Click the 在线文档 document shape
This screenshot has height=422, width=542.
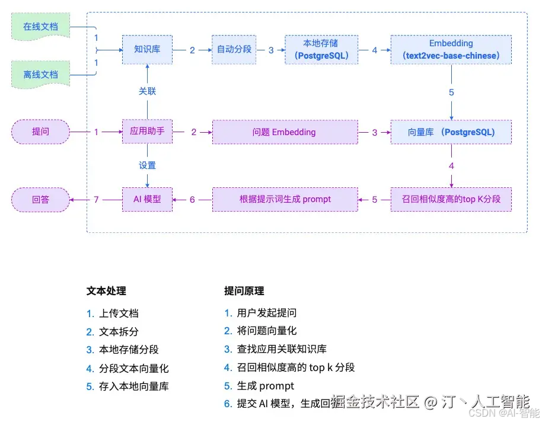point(40,27)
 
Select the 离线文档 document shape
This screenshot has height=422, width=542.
point(40,75)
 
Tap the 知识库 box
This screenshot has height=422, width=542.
point(147,50)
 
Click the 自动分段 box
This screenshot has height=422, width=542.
point(234,50)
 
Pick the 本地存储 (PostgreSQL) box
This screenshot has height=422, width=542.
point(321,50)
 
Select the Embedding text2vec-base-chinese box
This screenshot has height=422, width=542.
point(451,50)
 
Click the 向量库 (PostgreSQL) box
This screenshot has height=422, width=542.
point(451,132)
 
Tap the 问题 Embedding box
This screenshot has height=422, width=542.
point(285,132)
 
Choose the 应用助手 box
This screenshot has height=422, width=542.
point(147,132)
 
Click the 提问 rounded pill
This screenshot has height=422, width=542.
point(41,132)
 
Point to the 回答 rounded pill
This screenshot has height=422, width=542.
point(41,200)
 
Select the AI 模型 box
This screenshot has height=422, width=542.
point(147,200)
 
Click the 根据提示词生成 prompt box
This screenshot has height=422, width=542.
point(285,200)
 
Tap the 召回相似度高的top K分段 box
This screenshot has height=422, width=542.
point(451,200)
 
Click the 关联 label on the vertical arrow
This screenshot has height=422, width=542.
point(147,91)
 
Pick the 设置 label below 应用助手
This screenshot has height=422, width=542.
point(147,165)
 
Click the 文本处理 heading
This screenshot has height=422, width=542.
point(106,291)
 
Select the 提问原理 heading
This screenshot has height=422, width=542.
point(244,291)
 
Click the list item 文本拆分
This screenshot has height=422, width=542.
point(119,331)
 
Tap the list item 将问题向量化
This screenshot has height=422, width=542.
point(266,331)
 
